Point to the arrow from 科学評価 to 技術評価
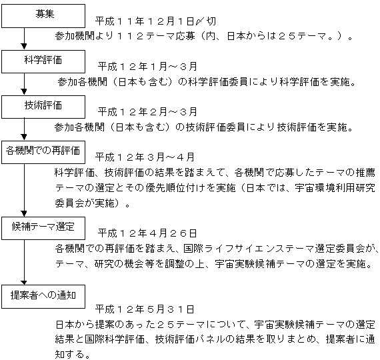(x=24, y=84)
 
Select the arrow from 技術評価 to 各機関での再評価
(x=24, y=129)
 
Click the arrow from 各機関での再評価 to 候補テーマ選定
(x=24, y=190)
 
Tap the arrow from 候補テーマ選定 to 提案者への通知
(x=24, y=262)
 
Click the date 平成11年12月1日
(x=145, y=21)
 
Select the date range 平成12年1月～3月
(x=147, y=67)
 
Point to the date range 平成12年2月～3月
(x=147, y=112)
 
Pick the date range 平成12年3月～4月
(x=145, y=157)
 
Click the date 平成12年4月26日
(x=147, y=233)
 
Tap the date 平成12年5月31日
(x=145, y=309)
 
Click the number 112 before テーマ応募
(x=131, y=36)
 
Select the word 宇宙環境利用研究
(x=335, y=188)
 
